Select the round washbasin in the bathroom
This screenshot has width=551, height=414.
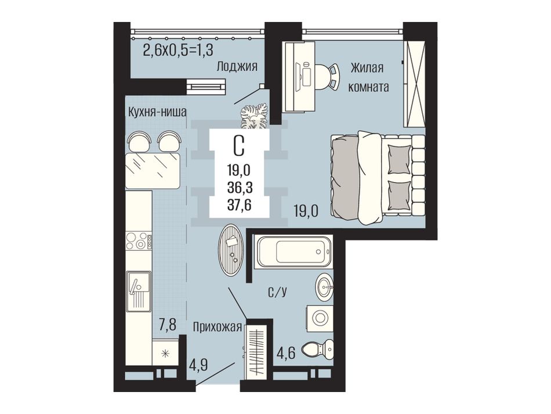click(324, 287)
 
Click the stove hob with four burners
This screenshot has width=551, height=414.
click(139, 241)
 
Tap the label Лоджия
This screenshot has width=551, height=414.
click(237, 66)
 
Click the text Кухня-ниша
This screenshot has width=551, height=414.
click(157, 112)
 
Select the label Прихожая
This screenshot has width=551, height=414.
click(217, 327)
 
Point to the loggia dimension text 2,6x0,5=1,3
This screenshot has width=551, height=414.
click(178, 51)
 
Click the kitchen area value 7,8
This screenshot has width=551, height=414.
click(167, 325)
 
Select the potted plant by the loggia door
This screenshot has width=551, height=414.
click(254, 116)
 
